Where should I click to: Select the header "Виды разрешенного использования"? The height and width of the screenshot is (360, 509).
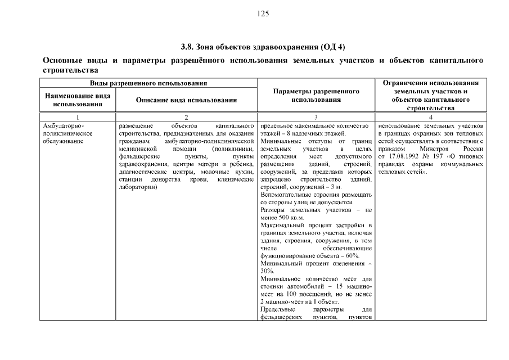[x=148, y=83]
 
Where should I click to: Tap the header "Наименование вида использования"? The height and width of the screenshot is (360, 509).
[x=78, y=100]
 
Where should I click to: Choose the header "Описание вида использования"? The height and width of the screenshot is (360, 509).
[x=186, y=100]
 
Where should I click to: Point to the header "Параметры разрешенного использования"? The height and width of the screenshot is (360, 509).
[x=316, y=95]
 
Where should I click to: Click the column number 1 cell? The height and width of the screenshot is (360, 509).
[x=78, y=116]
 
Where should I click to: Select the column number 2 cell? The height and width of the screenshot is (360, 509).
[x=186, y=116]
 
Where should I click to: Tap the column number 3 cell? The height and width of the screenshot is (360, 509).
[x=316, y=116]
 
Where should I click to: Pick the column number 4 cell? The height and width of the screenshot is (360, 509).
[x=430, y=116]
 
